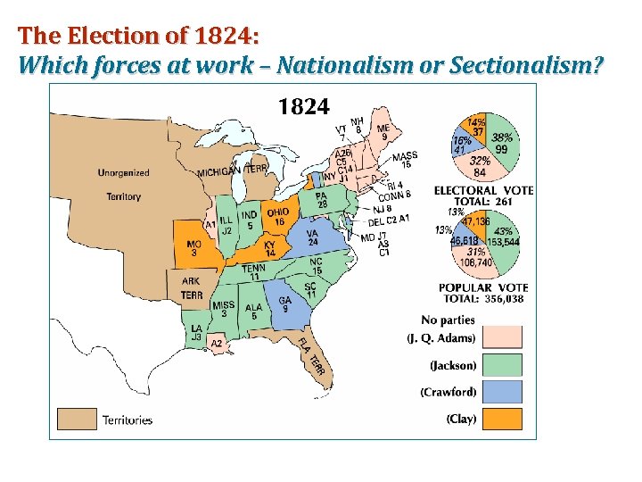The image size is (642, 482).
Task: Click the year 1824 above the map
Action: pos(304,107)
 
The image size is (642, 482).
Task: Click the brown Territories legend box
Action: pos(77,419)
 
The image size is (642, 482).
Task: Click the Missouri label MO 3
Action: pos(193,248)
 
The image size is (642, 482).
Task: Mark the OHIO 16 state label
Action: pos(278,217)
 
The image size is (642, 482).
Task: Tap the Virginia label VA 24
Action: pos(313,237)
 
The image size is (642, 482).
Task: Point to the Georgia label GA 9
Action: pos(285,305)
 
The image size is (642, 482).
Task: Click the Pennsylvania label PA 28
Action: pos(321,200)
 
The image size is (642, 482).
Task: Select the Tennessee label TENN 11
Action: pos(254,272)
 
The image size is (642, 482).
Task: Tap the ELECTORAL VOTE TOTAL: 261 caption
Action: pos(483,196)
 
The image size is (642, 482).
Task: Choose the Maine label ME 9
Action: pos(383,133)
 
